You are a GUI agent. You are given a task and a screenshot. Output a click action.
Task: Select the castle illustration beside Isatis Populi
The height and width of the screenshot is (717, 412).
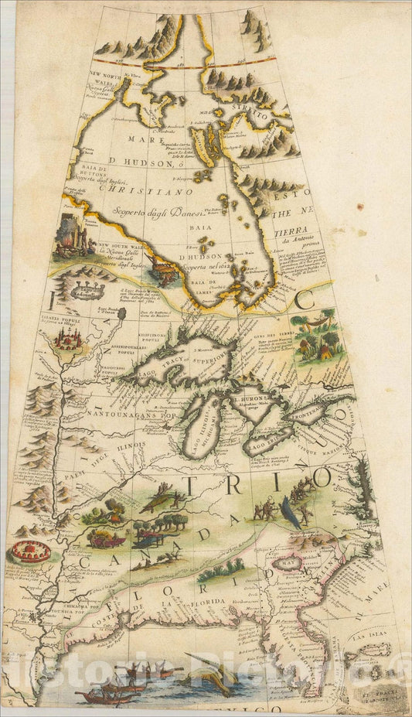pyautogui.click(x=66, y=338)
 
